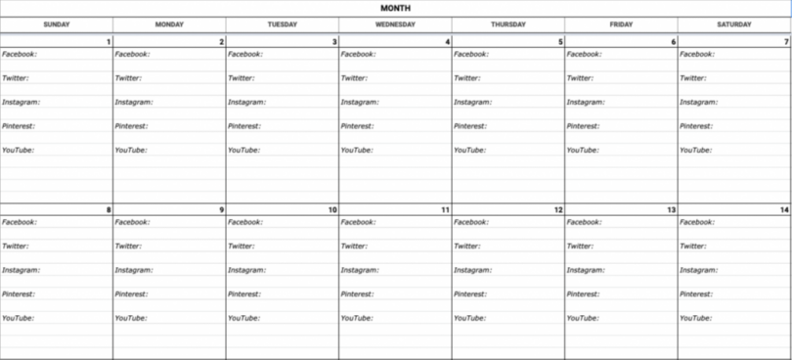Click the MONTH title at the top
[x=396, y=8]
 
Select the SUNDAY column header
[x=56, y=24]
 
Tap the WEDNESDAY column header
[x=395, y=24]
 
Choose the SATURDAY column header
[x=733, y=24]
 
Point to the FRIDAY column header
[x=621, y=24]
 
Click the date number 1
[x=108, y=42]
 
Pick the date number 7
[x=785, y=42]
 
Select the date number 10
[x=332, y=210]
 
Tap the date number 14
[x=783, y=210]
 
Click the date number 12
[x=558, y=210]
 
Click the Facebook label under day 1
[x=20, y=55]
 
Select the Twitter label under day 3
[x=241, y=78]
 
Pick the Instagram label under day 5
[x=472, y=103]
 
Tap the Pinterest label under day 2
[x=131, y=126]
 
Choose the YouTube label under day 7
[x=695, y=151]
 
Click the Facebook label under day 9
[x=132, y=222]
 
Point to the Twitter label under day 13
[x=580, y=247]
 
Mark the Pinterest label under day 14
[x=696, y=294]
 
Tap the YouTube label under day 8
[x=18, y=318]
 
